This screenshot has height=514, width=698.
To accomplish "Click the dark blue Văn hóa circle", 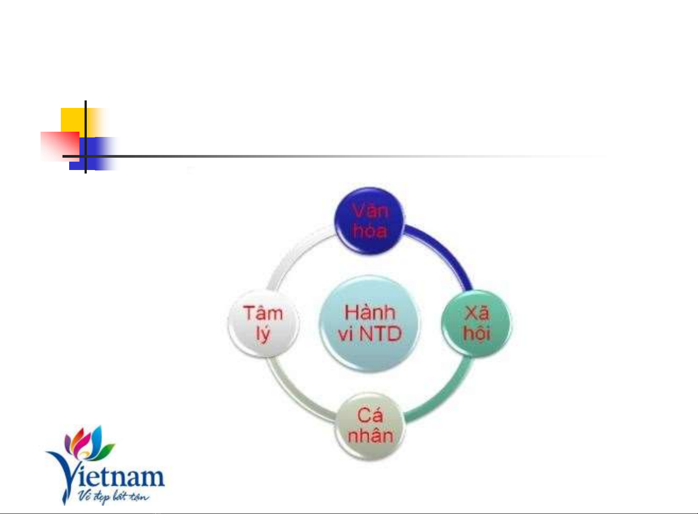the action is (x=369, y=221).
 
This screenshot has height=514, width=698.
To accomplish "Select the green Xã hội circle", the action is (x=476, y=324).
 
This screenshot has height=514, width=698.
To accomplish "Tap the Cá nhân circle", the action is (x=370, y=426).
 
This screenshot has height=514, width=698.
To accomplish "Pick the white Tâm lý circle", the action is (x=263, y=324).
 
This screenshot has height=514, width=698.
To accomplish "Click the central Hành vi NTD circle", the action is (x=369, y=324).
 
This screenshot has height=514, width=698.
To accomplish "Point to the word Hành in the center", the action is (x=369, y=312).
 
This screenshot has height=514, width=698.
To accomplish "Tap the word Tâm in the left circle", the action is (x=263, y=313).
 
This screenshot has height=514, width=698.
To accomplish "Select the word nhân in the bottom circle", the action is (x=370, y=436).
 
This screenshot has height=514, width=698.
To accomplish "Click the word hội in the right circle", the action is (x=477, y=333).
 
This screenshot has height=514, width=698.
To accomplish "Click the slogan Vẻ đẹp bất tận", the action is (x=114, y=496).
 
